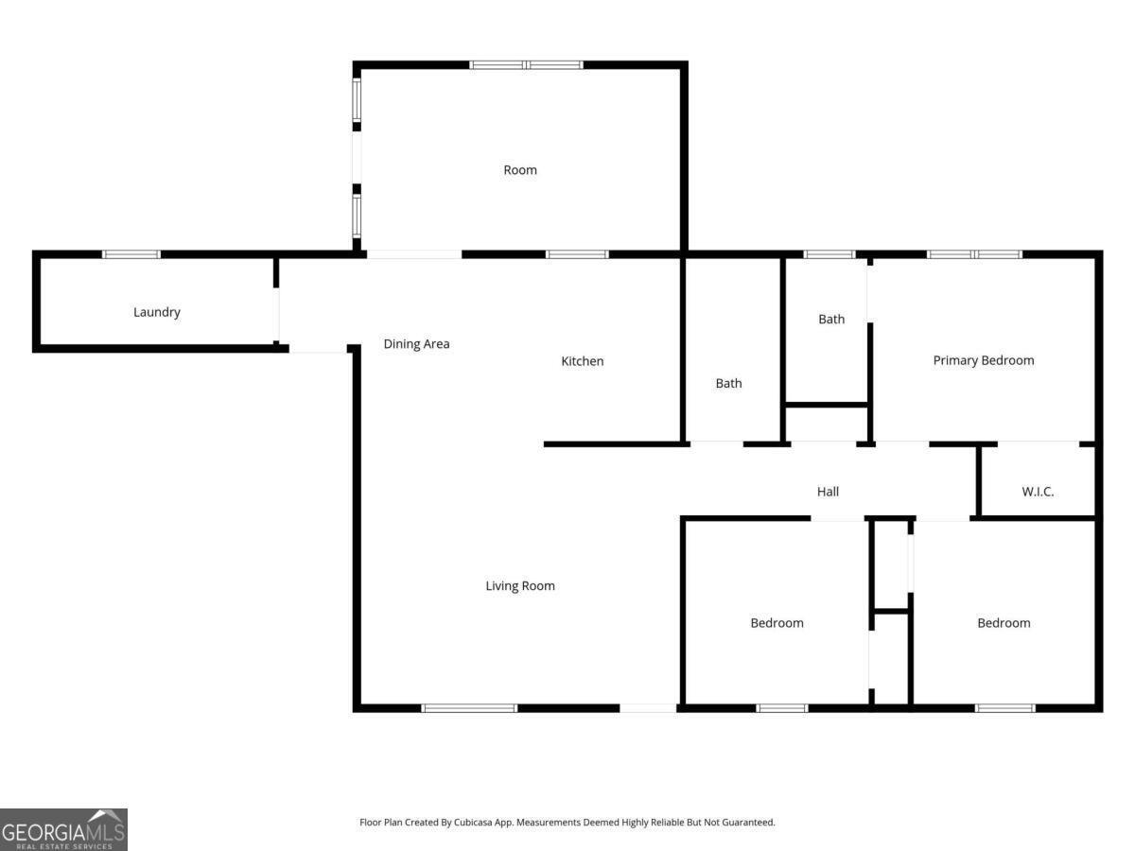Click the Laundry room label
(157, 312)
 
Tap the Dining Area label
(416, 344)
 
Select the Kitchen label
(583, 361)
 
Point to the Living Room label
(520, 586)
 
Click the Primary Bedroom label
(984, 360)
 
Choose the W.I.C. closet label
(1038, 492)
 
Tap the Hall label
(828, 492)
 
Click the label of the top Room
(520, 170)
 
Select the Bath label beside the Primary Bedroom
(831, 320)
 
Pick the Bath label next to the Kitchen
(728, 383)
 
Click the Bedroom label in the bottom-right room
(1004, 623)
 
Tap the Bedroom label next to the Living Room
(777, 623)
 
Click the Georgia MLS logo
(63, 829)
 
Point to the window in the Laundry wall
(131, 254)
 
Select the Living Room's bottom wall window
(469, 707)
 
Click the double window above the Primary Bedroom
(974, 254)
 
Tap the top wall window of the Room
(527, 65)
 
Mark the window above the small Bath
(829, 254)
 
